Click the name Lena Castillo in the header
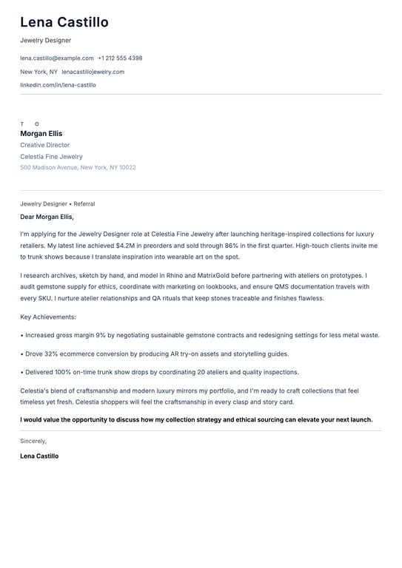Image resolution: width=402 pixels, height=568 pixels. point(64,22)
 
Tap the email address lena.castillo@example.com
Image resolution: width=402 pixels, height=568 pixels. point(57,58)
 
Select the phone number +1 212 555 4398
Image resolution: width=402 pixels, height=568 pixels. point(120,58)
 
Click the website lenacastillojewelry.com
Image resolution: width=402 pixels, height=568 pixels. point(93,72)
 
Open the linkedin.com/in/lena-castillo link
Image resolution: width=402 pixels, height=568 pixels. point(58,85)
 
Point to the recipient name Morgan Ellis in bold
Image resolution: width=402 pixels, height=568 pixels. point(41,134)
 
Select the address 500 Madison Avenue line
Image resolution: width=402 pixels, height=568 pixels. point(78,167)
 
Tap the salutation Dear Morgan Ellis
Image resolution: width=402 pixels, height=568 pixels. point(47,217)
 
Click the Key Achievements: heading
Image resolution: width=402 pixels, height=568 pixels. point(48,317)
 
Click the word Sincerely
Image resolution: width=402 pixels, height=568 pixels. point(33,441)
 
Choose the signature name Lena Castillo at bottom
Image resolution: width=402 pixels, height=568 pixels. point(39,456)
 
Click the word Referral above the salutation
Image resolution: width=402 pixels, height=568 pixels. point(84,203)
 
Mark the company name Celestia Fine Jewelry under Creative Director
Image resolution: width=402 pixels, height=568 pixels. point(51,157)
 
